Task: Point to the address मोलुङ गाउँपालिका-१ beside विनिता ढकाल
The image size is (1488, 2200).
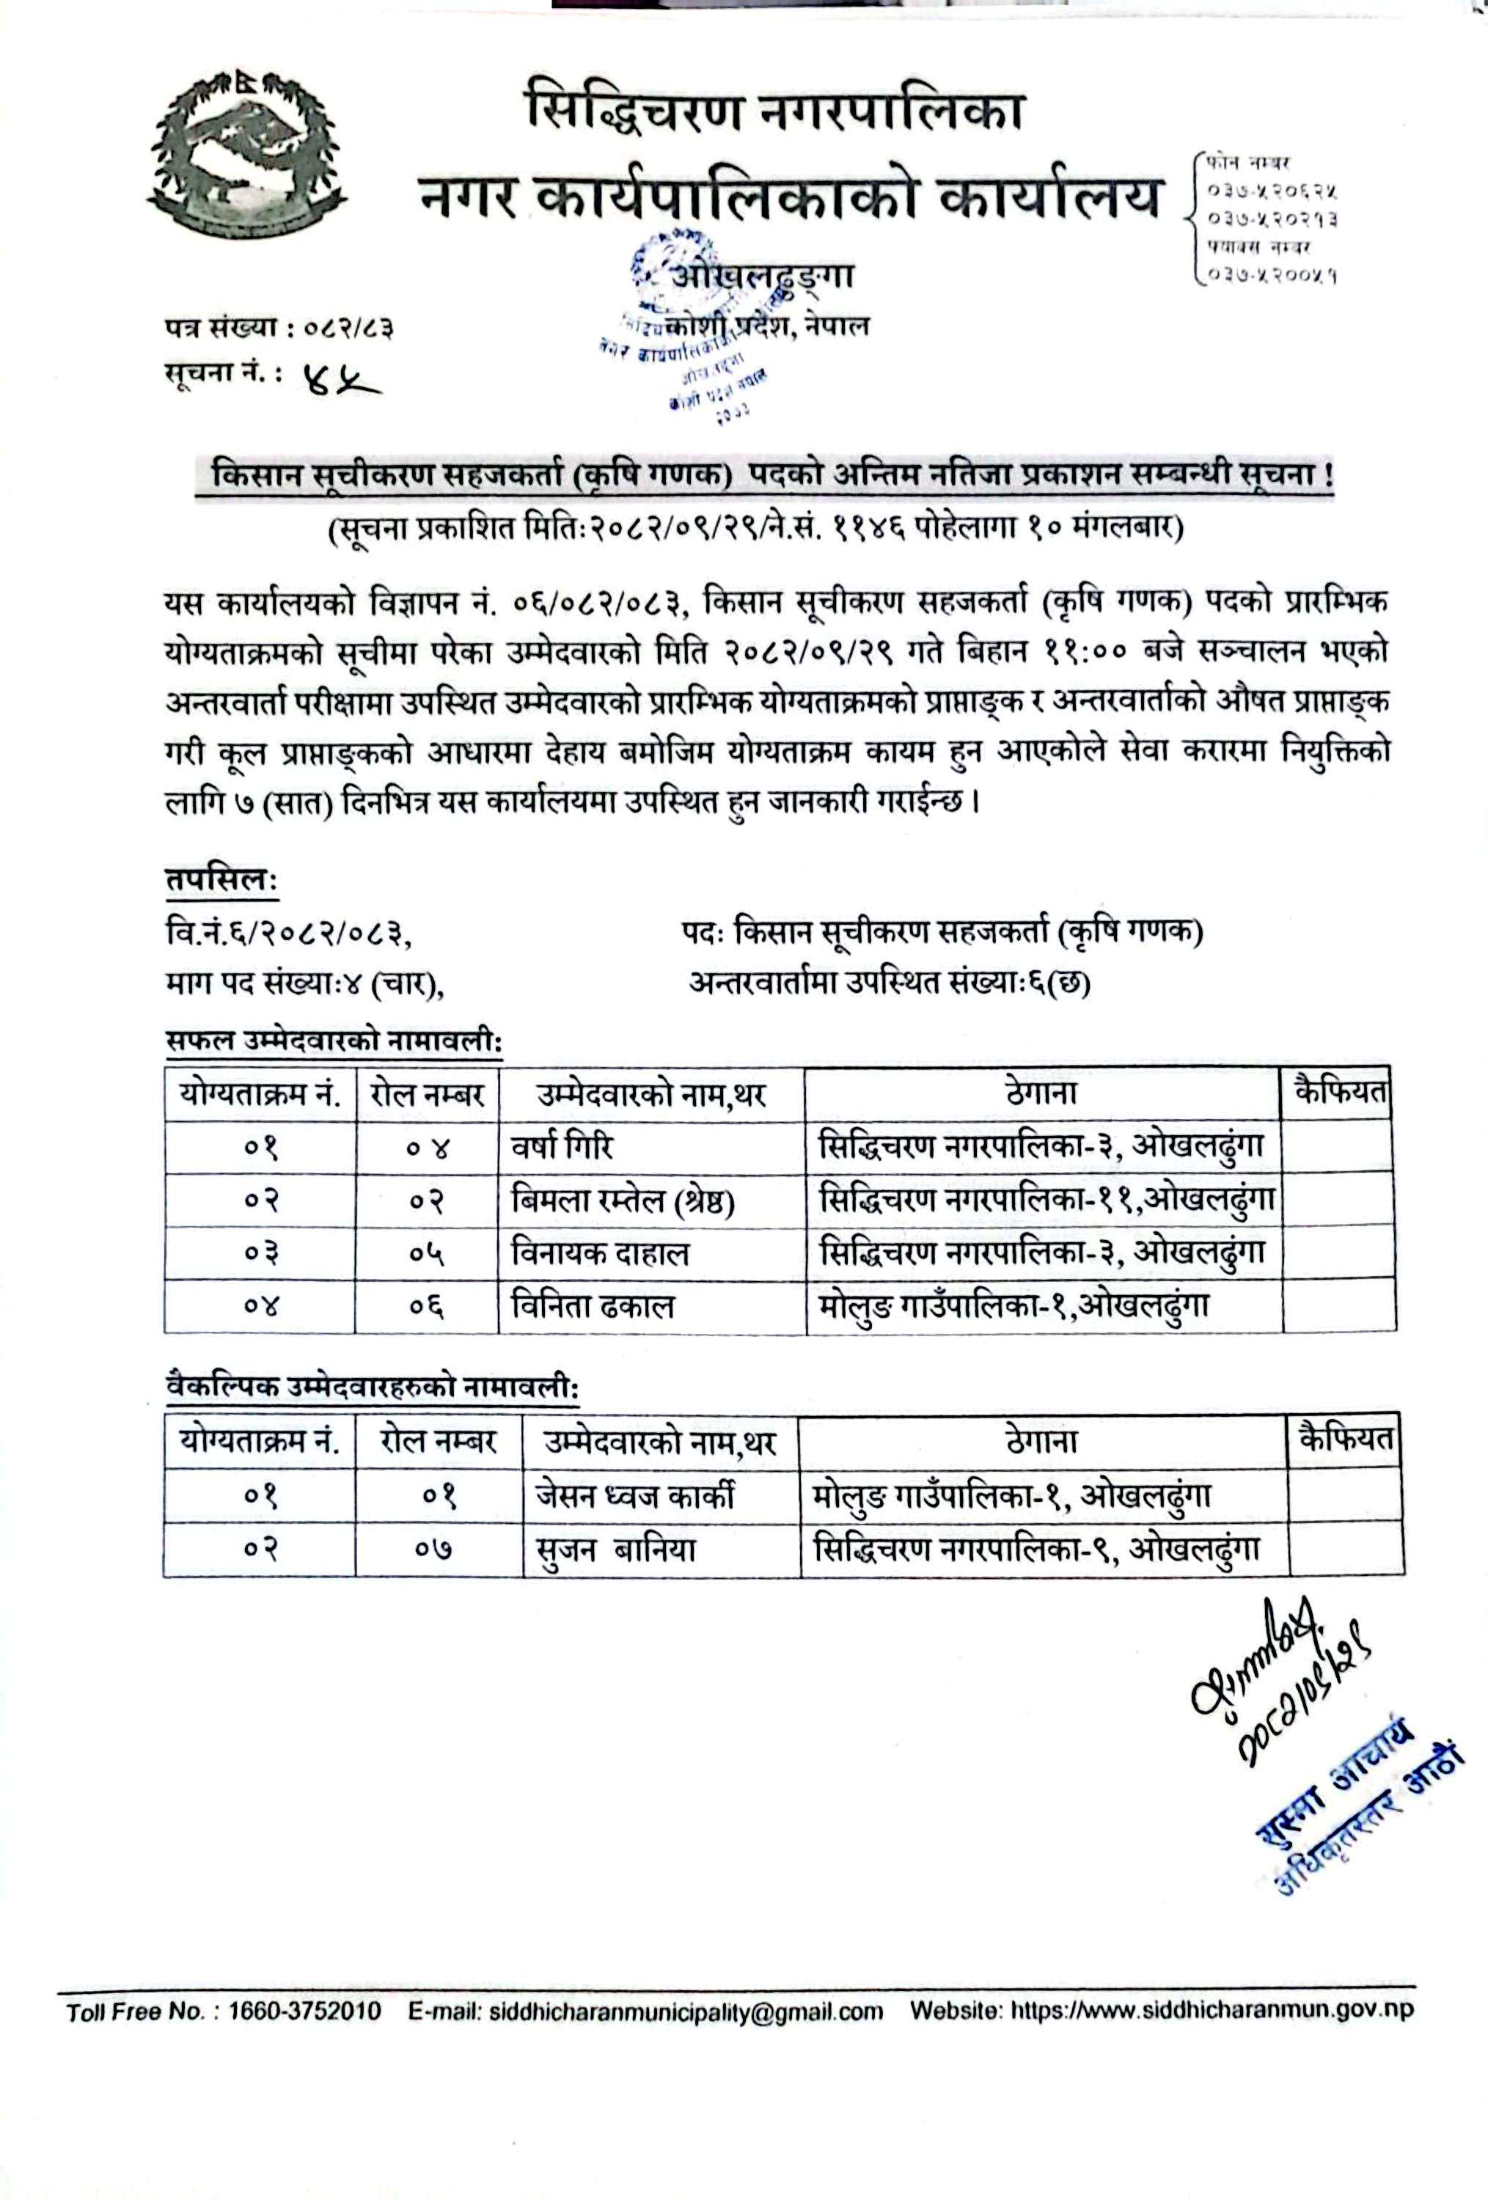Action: click(x=1014, y=1306)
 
